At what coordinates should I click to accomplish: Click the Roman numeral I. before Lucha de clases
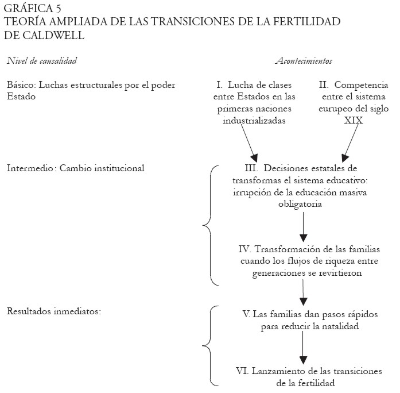tap(212, 84)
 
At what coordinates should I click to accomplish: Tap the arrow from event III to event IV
tap(304, 227)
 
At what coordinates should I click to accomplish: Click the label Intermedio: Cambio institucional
tap(75, 168)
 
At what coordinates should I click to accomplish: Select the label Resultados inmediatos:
tap(54, 311)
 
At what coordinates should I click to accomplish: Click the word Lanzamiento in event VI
tap(279, 371)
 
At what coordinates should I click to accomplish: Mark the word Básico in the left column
tap(20, 84)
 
